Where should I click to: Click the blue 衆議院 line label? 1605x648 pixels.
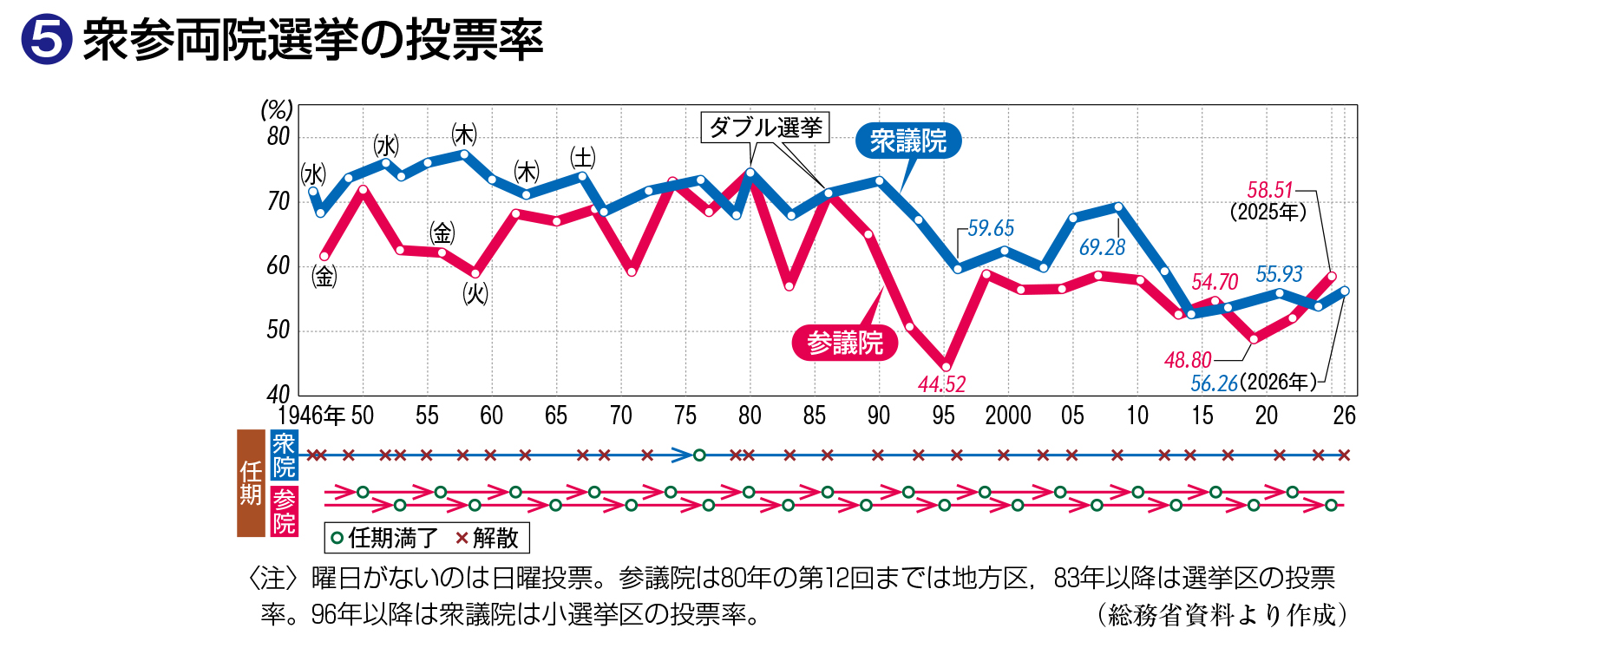[x=908, y=141]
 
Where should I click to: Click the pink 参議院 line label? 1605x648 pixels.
[x=845, y=343]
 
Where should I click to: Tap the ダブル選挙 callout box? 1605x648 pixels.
[x=765, y=128]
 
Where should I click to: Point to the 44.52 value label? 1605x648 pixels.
[x=942, y=384]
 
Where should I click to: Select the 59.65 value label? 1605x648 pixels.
[x=991, y=228]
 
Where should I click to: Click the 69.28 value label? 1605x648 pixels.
[x=1102, y=247]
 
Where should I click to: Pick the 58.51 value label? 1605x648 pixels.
[x=1270, y=190]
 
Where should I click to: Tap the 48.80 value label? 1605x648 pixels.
[x=1188, y=359]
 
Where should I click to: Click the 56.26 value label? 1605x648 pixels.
[x=1214, y=383]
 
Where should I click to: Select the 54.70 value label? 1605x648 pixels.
[x=1215, y=282]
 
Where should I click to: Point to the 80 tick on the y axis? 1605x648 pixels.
[x=278, y=137]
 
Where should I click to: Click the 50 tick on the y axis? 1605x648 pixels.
[x=278, y=331]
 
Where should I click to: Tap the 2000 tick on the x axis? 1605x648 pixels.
[x=1007, y=416]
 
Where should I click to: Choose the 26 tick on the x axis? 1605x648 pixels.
[x=1344, y=416]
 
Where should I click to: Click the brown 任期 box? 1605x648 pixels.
[x=251, y=483]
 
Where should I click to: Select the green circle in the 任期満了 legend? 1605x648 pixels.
[x=337, y=538]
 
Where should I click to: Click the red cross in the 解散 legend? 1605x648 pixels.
[x=462, y=538]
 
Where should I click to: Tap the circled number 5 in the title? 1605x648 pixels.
[x=46, y=39]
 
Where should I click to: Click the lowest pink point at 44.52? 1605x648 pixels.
[x=946, y=367]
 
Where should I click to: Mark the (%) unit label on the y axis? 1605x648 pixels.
[x=277, y=110]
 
